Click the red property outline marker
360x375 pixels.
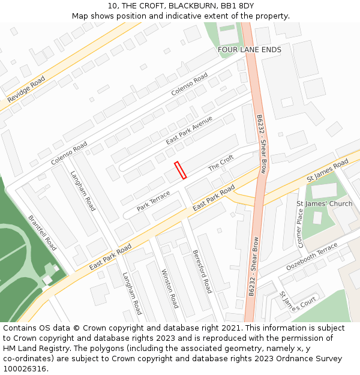pyautogui.click(x=180, y=170)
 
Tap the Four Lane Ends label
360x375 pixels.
pyautogui.click(x=249, y=49)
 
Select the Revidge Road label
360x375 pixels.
pyautogui.click(x=26, y=89)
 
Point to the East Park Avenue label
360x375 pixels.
pyautogui.click(x=190, y=130)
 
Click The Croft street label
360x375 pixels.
pyautogui.click(x=221, y=163)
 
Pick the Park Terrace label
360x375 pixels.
pyautogui.click(x=154, y=200)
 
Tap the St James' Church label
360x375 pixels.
pyautogui.click(x=325, y=203)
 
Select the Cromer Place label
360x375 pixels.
pyautogui.click(x=301, y=228)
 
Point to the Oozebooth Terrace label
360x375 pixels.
pyautogui.click(x=311, y=257)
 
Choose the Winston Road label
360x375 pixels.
pyautogui.click(x=170, y=288)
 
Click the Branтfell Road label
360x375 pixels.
pyautogui.click(x=43, y=233)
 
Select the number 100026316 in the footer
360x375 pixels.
pyautogui.click(x=25, y=368)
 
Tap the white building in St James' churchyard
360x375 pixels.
pyautogui.click(x=323, y=191)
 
